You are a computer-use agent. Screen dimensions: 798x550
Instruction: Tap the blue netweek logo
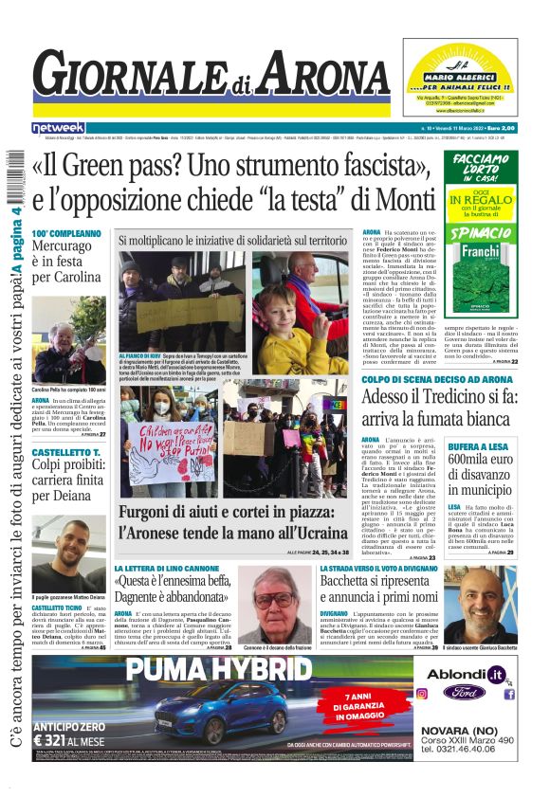coord(58,127)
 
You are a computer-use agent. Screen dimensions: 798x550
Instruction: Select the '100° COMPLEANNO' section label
coord(65,233)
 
